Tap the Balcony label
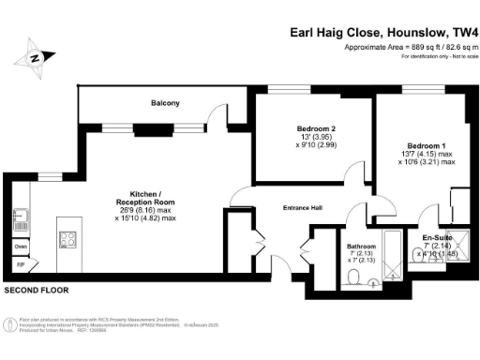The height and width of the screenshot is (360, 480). [x=164, y=103]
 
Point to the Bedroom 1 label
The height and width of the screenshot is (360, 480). [x=419, y=145]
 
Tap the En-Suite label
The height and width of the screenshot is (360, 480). [x=435, y=238]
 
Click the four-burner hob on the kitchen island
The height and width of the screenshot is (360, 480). [x=68, y=239]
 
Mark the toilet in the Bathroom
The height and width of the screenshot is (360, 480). [x=354, y=275]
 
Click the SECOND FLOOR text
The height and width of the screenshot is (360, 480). [x=35, y=292]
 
